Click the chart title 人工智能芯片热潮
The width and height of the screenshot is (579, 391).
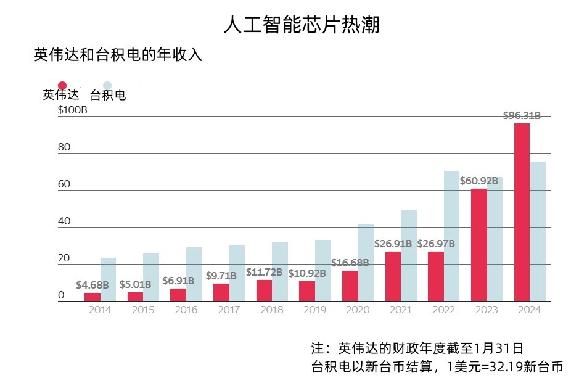click(x=302, y=25)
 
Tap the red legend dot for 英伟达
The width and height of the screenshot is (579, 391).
click(x=62, y=85)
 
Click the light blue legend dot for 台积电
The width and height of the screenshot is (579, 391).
click(x=107, y=85)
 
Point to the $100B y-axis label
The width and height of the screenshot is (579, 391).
click(x=72, y=110)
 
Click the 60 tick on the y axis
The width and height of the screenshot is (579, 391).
click(x=64, y=184)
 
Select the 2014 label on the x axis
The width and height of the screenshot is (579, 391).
click(x=100, y=310)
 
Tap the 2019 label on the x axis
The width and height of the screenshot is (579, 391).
click(x=314, y=310)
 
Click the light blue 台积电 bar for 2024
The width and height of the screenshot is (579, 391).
click(x=538, y=231)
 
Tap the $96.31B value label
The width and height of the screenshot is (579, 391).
click(x=522, y=115)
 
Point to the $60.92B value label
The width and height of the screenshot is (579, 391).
click(x=478, y=181)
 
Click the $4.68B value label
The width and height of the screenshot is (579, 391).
click(x=92, y=285)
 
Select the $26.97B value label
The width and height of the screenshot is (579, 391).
click(x=436, y=244)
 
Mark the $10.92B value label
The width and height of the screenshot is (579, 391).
click(x=307, y=273)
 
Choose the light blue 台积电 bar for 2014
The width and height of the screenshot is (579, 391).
click(x=108, y=279)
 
